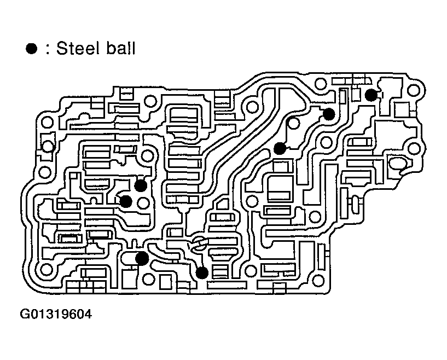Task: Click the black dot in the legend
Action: (x=31, y=49)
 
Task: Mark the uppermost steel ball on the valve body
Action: (x=371, y=95)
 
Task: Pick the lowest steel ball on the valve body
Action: (x=202, y=272)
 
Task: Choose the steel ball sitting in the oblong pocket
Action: (x=142, y=258)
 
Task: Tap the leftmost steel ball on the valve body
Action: (x=125, y=201)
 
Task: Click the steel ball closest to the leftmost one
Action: (x=141, y=185)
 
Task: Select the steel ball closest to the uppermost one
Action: (x=328, y=114)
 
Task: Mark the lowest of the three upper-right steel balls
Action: (x=280, y=148)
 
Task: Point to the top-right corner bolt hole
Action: (x=417, y=89)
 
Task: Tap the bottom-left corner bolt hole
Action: (x=45, y=270)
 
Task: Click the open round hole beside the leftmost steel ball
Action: (x=144, y=204)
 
